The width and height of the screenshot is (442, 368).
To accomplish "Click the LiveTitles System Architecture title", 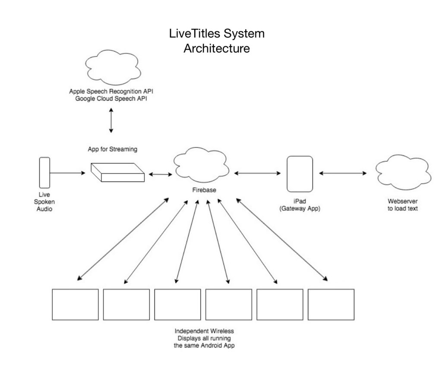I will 217,41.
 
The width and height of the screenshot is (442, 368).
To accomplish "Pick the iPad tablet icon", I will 300,173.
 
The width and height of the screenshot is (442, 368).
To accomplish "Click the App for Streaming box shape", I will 117,173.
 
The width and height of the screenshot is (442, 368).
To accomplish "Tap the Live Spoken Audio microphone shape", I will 44,173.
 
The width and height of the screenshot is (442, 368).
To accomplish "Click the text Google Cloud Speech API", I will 111,98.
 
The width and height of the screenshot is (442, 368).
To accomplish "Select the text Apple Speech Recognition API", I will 111,91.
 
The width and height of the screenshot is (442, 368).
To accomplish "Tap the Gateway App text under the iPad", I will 300,209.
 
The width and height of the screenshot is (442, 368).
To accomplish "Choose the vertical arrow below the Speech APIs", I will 111,120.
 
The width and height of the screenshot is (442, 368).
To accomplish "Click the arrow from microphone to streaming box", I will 67,173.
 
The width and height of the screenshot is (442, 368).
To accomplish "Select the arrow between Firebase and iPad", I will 258,173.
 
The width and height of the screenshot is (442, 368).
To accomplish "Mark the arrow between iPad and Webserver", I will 343,173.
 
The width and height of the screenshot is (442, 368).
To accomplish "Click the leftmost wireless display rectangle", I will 75,305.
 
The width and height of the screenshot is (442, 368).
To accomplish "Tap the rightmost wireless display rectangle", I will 331,305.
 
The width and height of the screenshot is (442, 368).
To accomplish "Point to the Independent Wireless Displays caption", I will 204,338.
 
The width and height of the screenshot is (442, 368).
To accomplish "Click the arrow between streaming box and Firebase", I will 160,174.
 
